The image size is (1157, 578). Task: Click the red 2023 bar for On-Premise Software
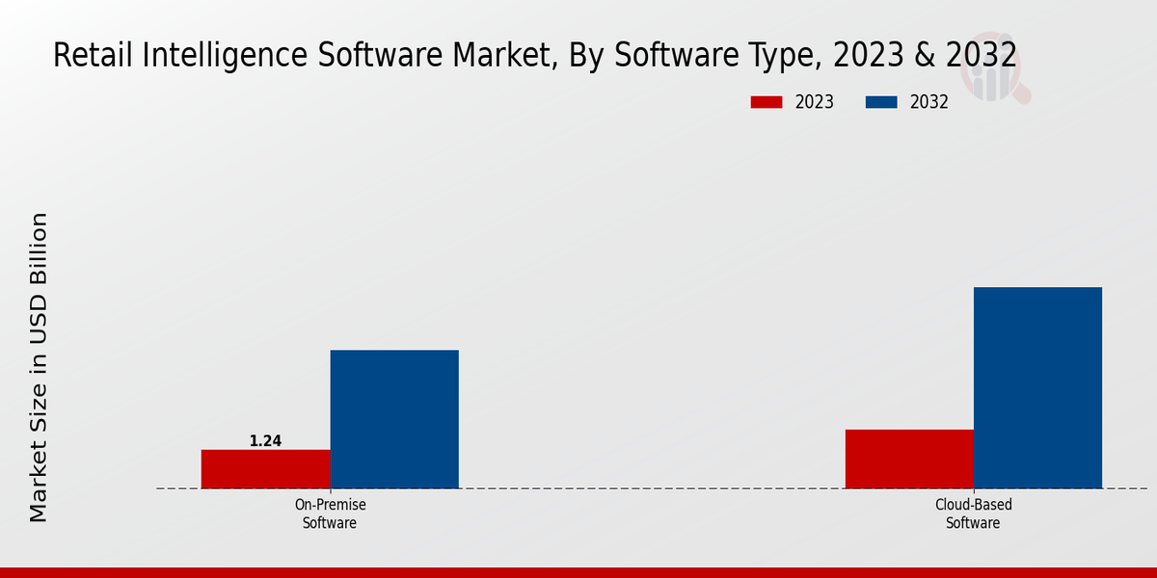tap(265, 469)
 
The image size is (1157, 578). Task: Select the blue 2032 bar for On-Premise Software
tap(394, 419)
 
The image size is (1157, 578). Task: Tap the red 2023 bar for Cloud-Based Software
tap(909, 459)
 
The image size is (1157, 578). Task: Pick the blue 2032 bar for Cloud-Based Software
tap(1037, 387)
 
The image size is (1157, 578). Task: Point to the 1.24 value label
tap(265, 441)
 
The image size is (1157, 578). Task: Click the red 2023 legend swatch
tap(767, 102)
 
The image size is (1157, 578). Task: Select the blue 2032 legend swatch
tap(881, 102)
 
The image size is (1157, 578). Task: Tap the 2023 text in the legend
tap(815, 102)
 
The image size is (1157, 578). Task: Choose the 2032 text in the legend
tap(929, 102)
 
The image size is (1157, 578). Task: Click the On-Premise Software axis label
tap(330, 513)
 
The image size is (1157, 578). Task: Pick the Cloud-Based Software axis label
tap(973, 513)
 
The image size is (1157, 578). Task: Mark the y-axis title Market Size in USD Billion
tap(39, 367)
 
